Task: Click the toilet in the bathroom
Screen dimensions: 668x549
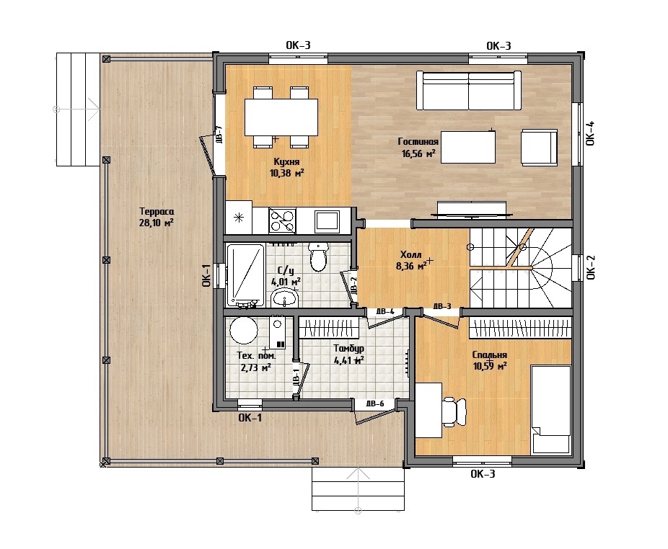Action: [318, 256]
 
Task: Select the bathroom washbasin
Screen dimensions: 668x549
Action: [284, 298]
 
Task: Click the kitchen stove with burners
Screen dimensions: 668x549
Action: [282, 220]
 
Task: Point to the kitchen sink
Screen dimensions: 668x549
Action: [328, 221]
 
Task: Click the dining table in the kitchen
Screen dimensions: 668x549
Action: [281, 117]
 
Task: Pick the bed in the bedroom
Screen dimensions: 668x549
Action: [551, 409]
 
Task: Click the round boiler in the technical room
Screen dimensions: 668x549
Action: [244, 330]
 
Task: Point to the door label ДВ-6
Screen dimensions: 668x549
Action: [375, 403]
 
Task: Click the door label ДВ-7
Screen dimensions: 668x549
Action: [219, 134]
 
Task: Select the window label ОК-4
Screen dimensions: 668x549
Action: [590, 133]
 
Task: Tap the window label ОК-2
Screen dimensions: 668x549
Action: [591, 267]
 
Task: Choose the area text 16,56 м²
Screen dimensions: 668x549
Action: [418, 153]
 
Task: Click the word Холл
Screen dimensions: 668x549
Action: [411, 255]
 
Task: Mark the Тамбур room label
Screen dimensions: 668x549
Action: [349, 349]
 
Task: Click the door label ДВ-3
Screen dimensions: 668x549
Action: [442, 306]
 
